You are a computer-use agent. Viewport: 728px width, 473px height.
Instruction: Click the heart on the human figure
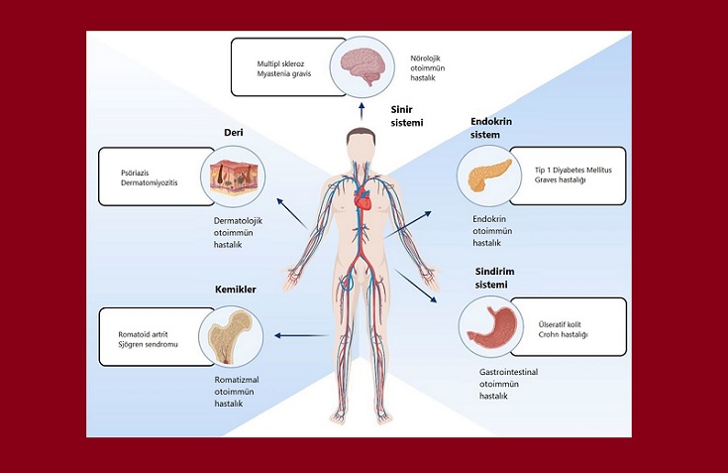point(364,201)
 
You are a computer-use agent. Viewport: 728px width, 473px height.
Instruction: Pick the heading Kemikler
point(236,290)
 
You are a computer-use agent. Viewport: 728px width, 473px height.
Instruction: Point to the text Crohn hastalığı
point(563,335)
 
